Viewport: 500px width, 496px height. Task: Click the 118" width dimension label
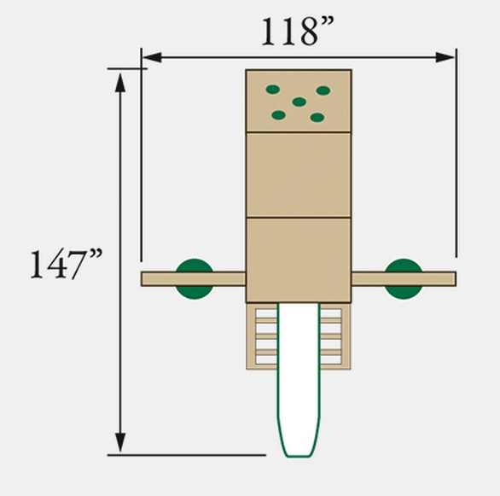tap(298, 31)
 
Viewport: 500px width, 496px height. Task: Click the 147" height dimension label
tap(66, 264)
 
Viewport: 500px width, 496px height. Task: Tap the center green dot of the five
tap(299, 102)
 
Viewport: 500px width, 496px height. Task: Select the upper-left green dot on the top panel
tap(273, 90)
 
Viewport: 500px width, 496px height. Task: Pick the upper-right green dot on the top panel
tap(323, 90)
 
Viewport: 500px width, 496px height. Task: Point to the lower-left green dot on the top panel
tap(279, 115)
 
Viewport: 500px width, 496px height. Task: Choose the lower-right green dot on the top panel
tap(317, 117)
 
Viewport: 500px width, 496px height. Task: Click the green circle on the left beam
tap(195, 279)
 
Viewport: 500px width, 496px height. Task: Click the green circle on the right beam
tap(404, 279)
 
